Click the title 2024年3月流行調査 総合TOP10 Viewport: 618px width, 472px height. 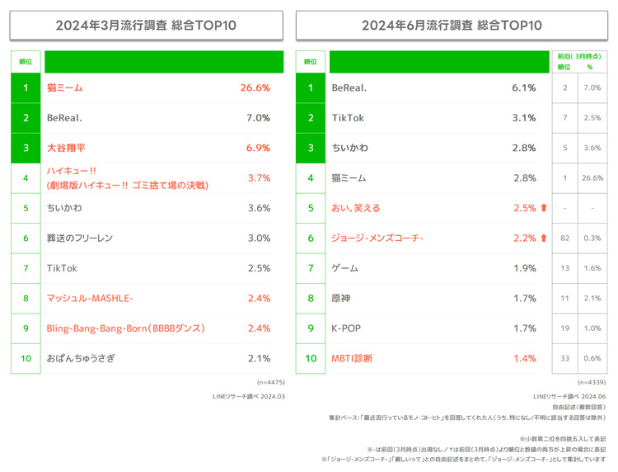146,25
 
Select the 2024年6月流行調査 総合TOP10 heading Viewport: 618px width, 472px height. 452,25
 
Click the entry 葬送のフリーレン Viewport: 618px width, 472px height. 80,238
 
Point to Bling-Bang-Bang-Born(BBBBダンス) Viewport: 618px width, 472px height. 125,328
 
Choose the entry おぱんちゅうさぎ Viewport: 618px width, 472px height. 81,358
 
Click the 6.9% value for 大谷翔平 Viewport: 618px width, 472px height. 259,148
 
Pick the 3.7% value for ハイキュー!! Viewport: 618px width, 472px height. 259,177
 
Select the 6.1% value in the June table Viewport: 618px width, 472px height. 524,87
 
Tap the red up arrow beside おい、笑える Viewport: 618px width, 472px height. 544,208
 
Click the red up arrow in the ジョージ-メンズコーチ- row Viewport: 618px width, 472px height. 544,238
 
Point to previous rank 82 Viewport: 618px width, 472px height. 564,238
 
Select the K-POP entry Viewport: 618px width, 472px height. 346,328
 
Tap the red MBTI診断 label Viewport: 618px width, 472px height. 352,358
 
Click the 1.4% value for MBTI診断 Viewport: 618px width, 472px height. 524,358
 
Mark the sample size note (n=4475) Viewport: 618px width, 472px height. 270,382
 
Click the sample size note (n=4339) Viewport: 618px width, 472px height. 592,382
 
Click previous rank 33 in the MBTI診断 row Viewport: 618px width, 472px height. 564,358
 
